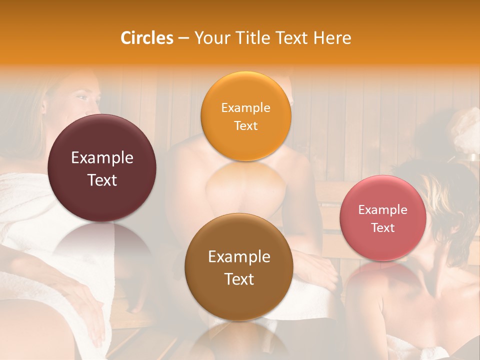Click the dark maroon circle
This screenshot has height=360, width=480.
(102, 168)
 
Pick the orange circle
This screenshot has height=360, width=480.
(246, 116)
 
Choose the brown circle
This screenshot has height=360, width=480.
(239, 267)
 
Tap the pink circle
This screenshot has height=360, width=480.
(383, 218)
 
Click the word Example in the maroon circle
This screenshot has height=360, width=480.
(102, 158)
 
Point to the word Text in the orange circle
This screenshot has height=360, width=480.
(245, 126)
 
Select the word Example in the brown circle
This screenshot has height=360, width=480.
(239, 257)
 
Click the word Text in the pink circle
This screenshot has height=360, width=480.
(383, 228)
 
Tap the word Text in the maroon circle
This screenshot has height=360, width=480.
(102, 180)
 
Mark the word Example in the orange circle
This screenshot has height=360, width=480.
(245, 108)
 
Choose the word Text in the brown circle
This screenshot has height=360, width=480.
(239, 279)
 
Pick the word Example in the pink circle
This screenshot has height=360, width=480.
(383, 210)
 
